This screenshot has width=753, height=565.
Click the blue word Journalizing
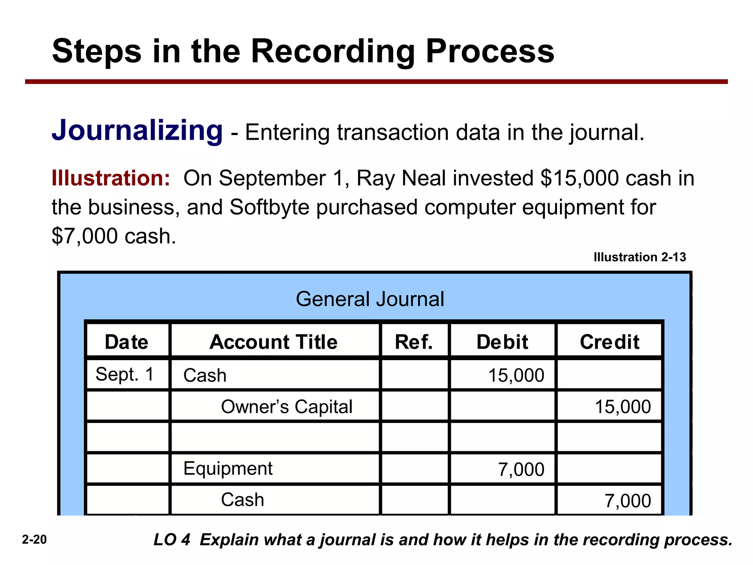(137, 131)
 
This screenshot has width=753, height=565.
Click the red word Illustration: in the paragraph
(111, 178)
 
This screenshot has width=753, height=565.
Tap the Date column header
(126, 342)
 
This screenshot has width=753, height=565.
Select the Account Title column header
(274, 342)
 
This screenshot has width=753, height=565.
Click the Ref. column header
(414, 342)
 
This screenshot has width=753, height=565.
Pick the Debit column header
(502, 342)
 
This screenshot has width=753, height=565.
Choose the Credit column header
(610, 342)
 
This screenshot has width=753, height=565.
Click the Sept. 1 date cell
(125, 374)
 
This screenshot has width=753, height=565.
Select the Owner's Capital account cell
(286, 406)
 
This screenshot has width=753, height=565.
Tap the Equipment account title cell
(228, 468)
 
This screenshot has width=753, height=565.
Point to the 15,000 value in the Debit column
(516, 375)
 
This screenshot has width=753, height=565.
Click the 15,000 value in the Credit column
(623, 407)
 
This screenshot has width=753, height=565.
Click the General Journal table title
(370, 299)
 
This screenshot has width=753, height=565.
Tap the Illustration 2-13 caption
(640, 257)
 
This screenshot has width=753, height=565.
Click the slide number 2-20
(34, 540)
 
